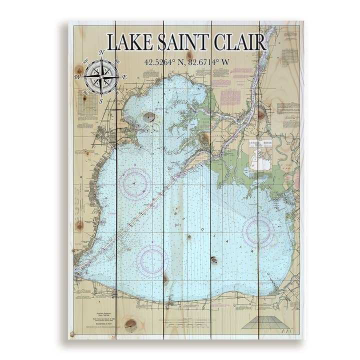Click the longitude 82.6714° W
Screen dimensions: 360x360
click(x=211, y=62)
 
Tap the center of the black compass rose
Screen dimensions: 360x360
click(x=101, y=77)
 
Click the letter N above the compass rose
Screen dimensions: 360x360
click(x=101, y=52)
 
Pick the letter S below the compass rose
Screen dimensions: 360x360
click(x=101, y=101)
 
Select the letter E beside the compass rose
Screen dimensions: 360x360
click(x=124, y=77)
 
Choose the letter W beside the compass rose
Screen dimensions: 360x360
click(x=77, y=77)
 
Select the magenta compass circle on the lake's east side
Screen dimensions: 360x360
click(x=258, y=231)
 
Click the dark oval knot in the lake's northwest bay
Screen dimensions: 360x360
click(x=149, y=117)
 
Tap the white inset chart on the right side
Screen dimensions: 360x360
click(x=260, y=155)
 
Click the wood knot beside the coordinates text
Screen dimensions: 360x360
click(x=189, y=55)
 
